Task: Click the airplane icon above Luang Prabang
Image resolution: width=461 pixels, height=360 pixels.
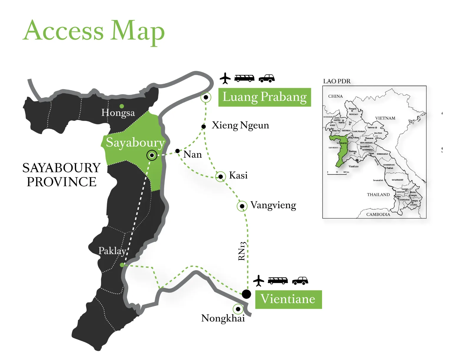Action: [225, 78]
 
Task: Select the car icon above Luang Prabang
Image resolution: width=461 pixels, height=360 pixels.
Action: [267, 78]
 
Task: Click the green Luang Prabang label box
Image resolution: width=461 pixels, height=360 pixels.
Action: [264, 97]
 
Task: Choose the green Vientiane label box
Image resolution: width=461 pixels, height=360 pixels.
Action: [288, 299]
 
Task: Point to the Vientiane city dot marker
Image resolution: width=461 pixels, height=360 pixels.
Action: [246, 294]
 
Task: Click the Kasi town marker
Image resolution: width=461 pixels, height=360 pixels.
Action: [220, 176]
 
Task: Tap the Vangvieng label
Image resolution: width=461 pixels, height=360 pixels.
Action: [273, 205]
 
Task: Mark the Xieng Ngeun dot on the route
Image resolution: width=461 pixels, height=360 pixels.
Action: [203, 126]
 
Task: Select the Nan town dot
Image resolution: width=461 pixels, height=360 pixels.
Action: [178, 151]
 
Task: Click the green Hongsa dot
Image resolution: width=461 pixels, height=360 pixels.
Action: [122, 106]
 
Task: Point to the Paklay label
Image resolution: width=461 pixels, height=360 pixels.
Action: [112, 251]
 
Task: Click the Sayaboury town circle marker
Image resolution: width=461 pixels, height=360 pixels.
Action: [152, 155]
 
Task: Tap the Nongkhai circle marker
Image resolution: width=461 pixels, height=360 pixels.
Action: [238, 309]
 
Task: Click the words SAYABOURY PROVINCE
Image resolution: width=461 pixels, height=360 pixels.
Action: [62, 175]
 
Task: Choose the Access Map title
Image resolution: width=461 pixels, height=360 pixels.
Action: [94, 31]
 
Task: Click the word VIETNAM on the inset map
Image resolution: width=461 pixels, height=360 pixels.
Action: [385, 118]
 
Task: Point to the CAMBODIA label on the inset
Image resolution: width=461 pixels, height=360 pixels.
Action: [378, 214]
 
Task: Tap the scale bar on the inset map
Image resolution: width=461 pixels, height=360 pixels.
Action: [337, 174]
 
